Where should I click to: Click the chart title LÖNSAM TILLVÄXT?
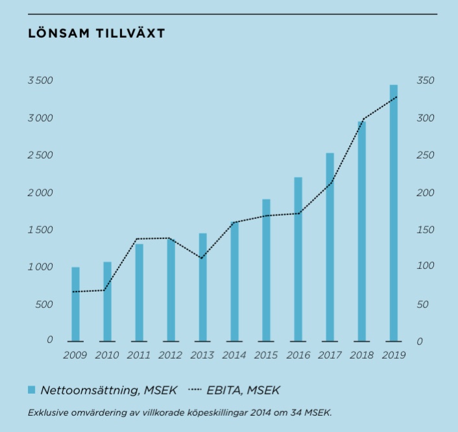point(97,33)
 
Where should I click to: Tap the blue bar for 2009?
point(76,304)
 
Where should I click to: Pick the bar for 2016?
point(298,259)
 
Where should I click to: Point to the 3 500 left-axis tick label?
point(40,81)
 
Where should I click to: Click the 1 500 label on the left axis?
point(40,230)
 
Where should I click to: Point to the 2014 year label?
point(234,355)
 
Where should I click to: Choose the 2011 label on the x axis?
point(139,355)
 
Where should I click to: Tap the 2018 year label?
point(361,355)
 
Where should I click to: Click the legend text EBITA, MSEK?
point(252,390)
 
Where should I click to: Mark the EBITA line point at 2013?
point(202,258)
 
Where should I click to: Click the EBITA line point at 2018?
point(362,119)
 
